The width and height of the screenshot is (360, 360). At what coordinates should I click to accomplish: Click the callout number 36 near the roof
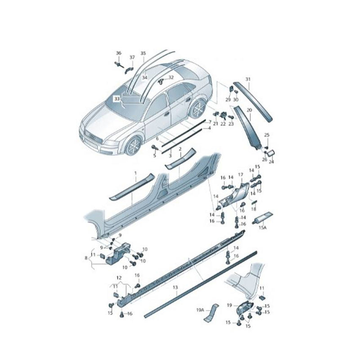119,53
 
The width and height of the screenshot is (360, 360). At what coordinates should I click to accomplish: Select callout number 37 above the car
132,57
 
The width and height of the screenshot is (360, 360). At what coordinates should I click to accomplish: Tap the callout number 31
247,80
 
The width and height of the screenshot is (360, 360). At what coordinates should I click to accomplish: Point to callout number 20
249,109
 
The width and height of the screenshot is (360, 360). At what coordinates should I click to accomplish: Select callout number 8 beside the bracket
86,258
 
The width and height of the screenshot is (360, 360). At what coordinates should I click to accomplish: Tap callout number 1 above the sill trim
134,173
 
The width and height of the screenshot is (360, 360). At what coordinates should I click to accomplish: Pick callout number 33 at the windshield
117,98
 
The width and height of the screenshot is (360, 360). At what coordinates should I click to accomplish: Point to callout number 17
240,174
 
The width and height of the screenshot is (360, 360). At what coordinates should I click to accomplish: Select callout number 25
266,135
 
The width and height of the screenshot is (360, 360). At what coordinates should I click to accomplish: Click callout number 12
119,277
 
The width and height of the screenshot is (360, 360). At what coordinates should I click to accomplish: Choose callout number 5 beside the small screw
154,155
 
